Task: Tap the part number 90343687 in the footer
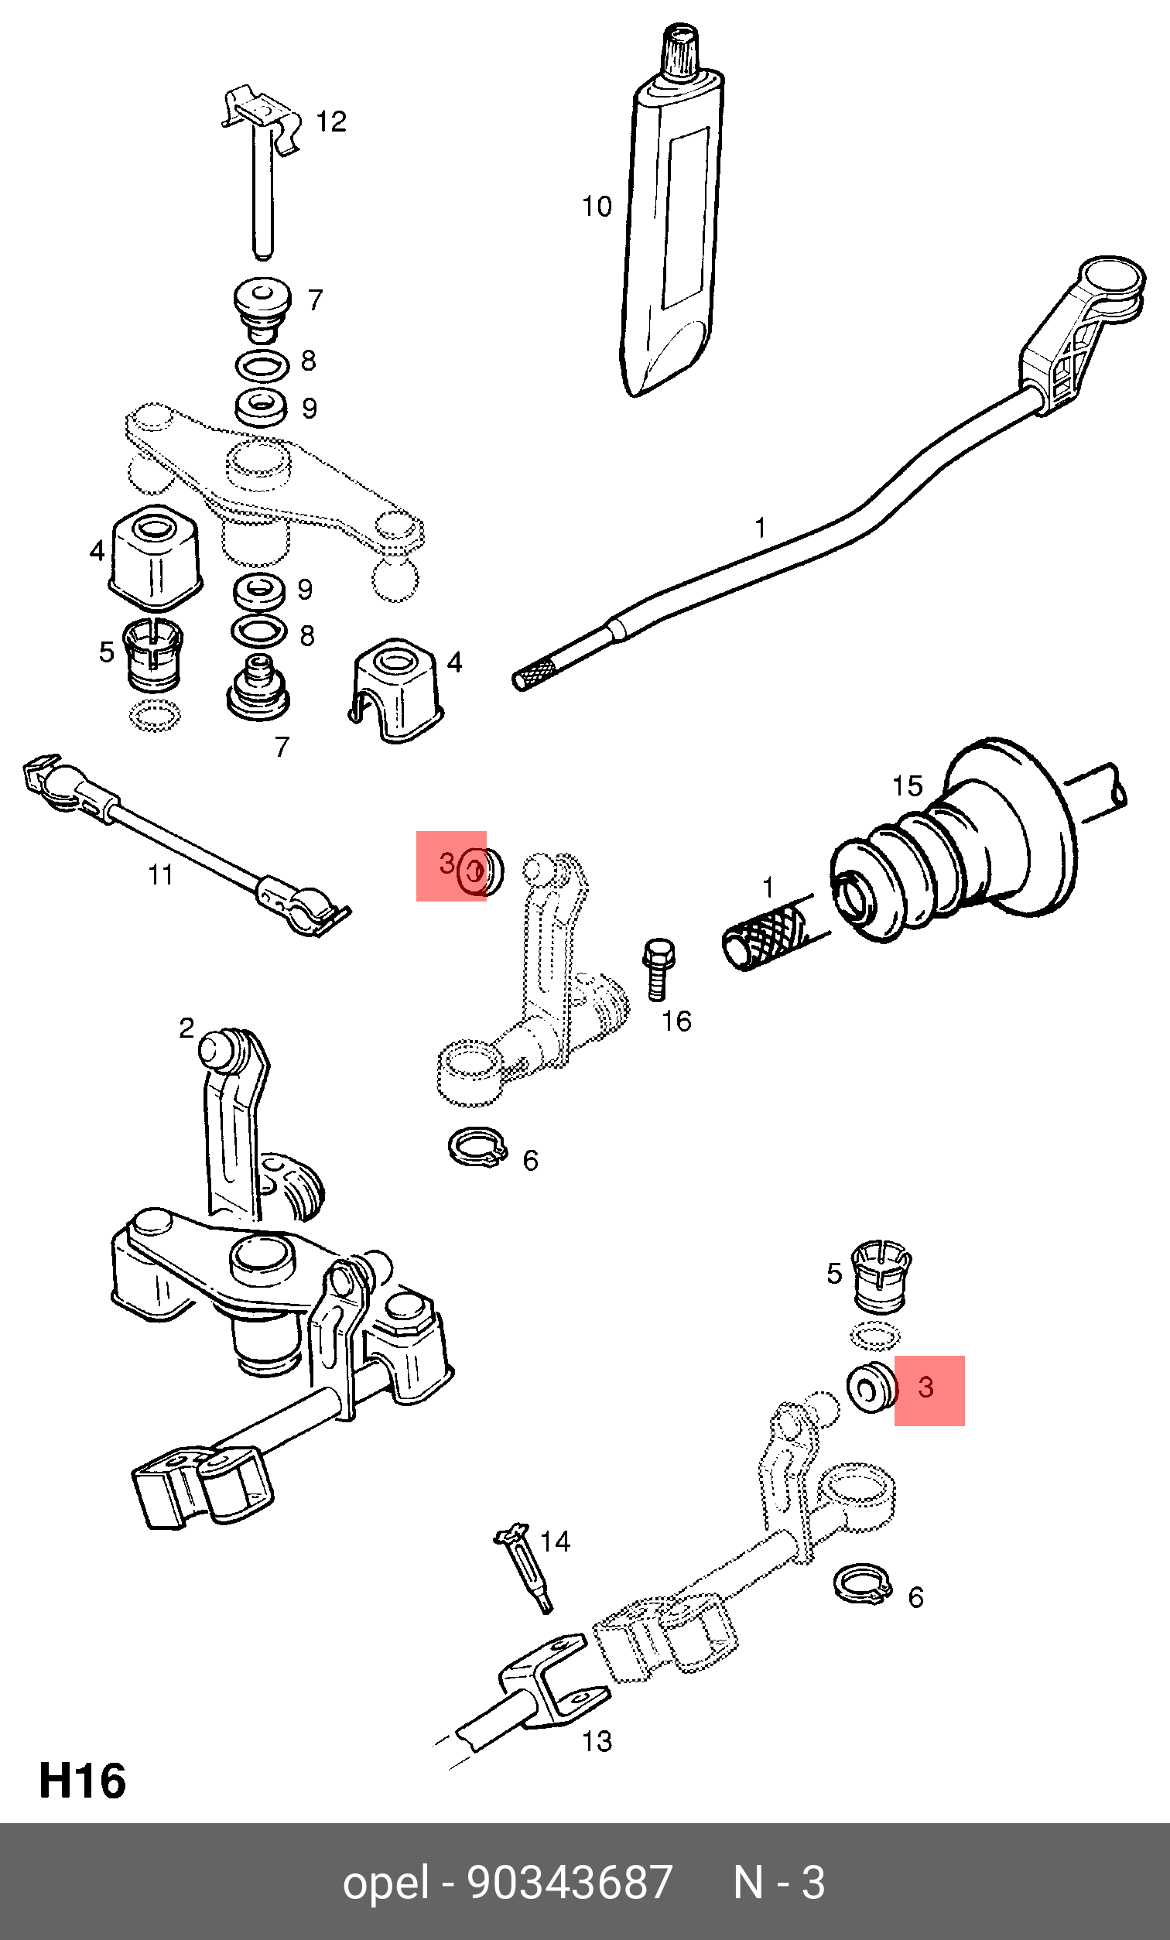(x=570, y=1884)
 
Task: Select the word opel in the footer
(x=386, y=1884)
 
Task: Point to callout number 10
(x=596, y=207)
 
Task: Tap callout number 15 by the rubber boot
(x=906, y=785)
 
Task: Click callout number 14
(x=555, y=1541)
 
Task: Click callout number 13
(x=597, y=1741)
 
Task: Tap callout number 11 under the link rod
(x=161, y=874)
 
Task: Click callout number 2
(x=186, y=1028)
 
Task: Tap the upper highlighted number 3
(x=447, y=863)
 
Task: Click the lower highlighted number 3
(x=926, y=1387)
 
